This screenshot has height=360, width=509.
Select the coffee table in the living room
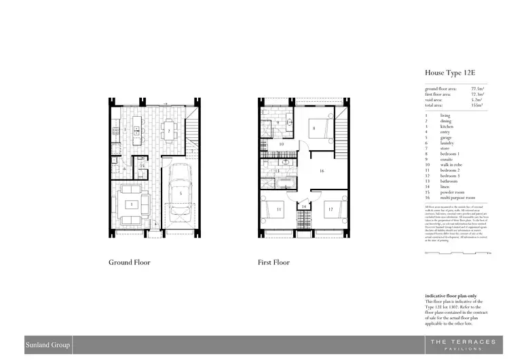pyautogui.click(x=132, y=204)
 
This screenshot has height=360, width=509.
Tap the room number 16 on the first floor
pyautogui.click(x=322, y=171)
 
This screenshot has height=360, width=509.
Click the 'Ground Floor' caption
pyautogui.click(x=130, y=262)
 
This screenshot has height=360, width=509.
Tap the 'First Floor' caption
pyautogui.click(x=254, y=262)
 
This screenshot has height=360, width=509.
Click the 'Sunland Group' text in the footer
pyautogui.click(x=45, y=344)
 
